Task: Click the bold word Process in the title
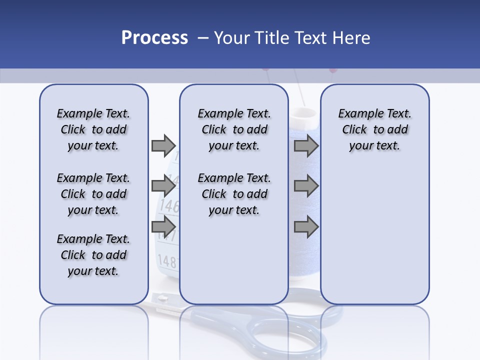tap(154, 37)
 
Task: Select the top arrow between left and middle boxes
tap(163, 145)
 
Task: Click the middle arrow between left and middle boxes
tap(163, 186)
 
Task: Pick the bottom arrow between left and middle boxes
tap(163, 227)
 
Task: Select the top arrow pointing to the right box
tap(305, 145)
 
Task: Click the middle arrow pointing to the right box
tap(305, 186)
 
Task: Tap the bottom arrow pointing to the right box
tap(305, 227)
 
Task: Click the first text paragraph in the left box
tap(93, 129)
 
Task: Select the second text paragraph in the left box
tap(93, 194)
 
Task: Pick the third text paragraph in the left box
tap(93, 255)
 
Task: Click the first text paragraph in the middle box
tap(234, 129)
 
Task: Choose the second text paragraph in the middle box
tap(234, 194)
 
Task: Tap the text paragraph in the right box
tap(374, 129)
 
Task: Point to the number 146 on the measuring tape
tap(169, 205)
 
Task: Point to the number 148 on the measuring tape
tap(167, 260)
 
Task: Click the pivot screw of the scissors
tap(162, 298)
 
